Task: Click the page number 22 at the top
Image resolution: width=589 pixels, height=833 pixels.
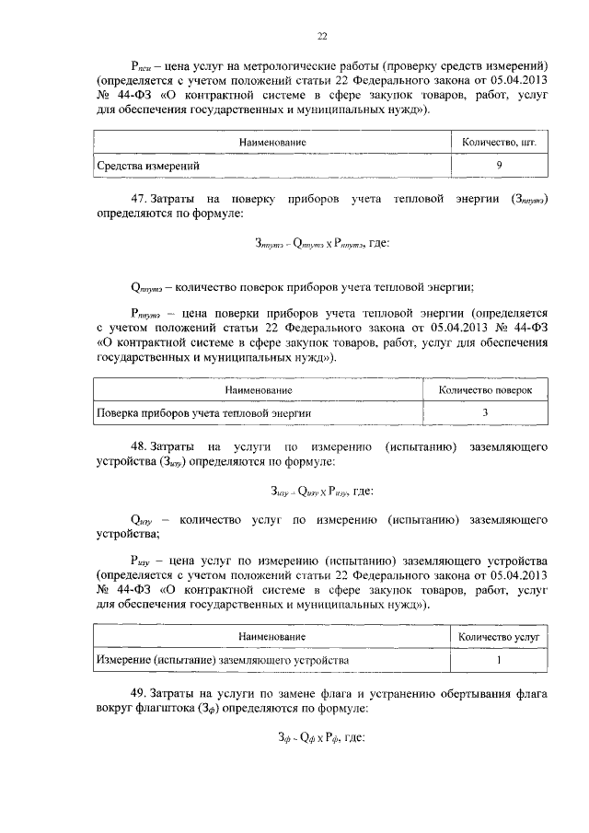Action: tap(322, 37)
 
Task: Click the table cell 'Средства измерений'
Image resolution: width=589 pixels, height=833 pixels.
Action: tap(149, 166)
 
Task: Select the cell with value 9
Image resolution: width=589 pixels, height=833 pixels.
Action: tap(498, 166)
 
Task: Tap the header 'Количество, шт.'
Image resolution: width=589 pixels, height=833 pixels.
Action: tap(498, 143)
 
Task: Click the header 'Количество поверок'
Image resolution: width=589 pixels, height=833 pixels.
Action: tap(485, 390)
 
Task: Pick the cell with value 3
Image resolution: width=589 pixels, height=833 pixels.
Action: tap(485, 413)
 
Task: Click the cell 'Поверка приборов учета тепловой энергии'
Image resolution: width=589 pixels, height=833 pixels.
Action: tap(203, 413)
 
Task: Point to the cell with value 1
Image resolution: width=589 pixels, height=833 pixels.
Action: tap(498, 660)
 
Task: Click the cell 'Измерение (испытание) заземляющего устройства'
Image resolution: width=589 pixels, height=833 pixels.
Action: tap(223, 660)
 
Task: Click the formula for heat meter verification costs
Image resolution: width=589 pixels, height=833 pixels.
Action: tap(321, 244)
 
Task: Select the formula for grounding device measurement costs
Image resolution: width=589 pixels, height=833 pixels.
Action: tap(321, 492)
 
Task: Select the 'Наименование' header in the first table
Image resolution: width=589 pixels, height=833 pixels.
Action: tap(272, 143)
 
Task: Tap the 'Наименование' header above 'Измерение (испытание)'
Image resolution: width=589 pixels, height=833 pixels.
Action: tap(272, 637)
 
